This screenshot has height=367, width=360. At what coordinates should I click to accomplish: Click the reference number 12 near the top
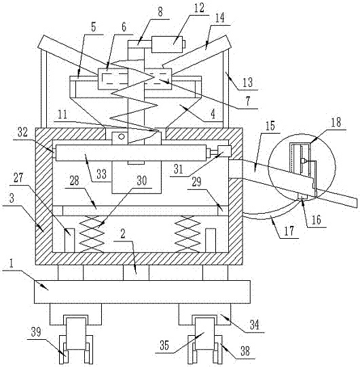click(199, 8)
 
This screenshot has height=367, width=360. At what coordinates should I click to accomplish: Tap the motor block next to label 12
click(167, 44)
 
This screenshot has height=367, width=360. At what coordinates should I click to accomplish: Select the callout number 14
click(220, 18)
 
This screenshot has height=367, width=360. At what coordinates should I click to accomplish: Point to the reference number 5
click(93, 27)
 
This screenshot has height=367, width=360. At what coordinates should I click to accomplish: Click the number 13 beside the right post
click(247, 82)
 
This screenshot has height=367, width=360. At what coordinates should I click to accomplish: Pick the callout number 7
click(248, 100)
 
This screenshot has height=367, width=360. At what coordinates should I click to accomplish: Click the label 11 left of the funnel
click(62, 115)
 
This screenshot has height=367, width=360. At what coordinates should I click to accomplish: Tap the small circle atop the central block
click(121, 136)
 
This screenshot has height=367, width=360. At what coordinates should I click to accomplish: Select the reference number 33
click(101, 174)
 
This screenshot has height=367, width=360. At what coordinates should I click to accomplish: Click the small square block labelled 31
click(224, 151)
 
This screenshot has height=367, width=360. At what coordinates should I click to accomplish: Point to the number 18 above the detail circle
click(336, 122)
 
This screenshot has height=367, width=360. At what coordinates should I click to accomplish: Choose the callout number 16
click(316, 220)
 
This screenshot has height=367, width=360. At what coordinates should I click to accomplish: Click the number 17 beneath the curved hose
click(289, 231)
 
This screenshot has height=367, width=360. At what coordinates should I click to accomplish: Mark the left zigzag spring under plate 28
click(92, 234)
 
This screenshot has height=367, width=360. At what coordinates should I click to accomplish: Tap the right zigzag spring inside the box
click(188, 234)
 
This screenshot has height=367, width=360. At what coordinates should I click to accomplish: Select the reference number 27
click(18, 178)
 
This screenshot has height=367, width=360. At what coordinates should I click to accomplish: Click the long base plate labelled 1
click(142, 292)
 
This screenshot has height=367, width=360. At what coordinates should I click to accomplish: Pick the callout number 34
click(254, 325)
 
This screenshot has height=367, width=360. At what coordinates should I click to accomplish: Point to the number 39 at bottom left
click(36, 332)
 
